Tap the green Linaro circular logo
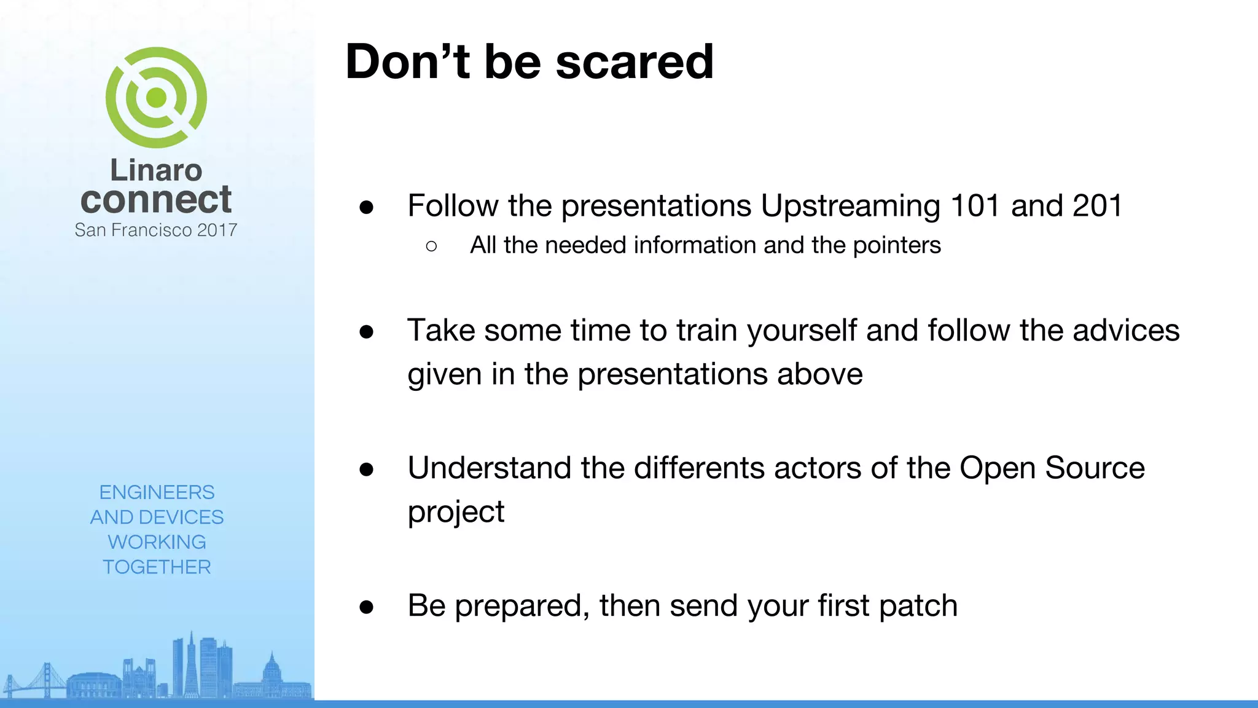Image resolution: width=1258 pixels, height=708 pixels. click(x=156, y=97)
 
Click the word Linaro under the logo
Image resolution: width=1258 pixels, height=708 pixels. click(x=156, y=170)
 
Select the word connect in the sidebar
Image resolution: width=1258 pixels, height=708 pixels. click(x=156, y=200)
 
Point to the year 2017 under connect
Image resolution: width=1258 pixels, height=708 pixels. click(x=217, y=230)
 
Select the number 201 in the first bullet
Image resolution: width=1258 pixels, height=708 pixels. click(x=1098, y=205)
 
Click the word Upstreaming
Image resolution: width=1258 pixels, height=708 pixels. click(x=850, y=206)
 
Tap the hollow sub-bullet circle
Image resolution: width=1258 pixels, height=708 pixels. click(x=431, y=246)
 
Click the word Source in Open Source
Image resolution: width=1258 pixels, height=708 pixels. click(x=1095, y=468)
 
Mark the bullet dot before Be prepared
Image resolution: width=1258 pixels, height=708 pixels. click(x=367, y=607)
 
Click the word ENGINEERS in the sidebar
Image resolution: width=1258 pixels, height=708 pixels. click(x=157, y=492)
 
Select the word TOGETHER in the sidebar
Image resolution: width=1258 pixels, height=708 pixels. click(x=157, y=567)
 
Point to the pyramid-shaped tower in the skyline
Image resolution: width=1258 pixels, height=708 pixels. click(x=191, y=664)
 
